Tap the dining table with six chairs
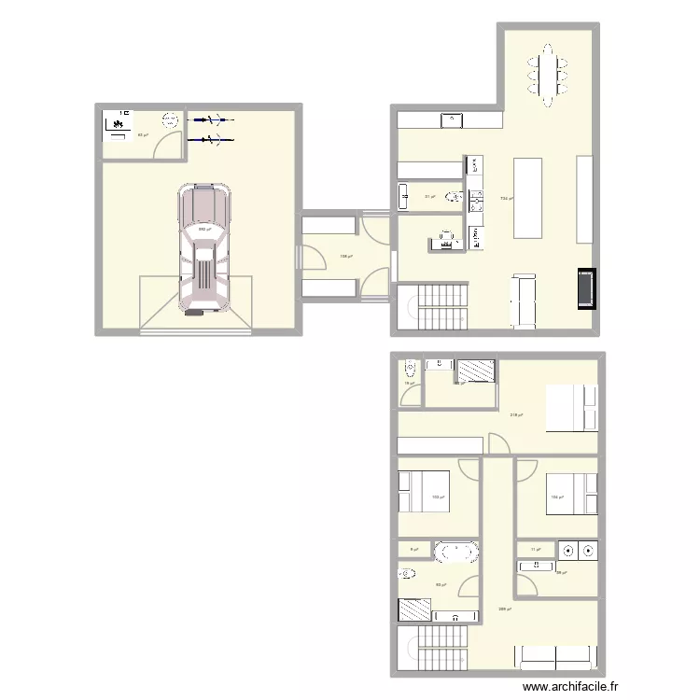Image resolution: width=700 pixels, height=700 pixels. point(548,72)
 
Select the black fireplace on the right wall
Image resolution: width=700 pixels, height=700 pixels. point(587,288)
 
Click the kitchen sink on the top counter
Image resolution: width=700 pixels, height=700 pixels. point(452,119)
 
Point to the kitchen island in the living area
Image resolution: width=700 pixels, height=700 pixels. point(528,197)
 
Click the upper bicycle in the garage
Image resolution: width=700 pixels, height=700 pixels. point(212,119)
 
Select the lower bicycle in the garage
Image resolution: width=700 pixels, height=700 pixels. point(212,140)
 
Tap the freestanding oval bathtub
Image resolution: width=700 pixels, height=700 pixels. point(456,552)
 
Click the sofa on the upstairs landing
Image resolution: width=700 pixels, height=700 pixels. point(555,658)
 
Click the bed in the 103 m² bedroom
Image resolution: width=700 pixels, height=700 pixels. point(424,492)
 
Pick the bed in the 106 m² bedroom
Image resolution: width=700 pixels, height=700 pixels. point(570,494)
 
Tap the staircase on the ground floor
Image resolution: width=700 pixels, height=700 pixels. point(439,307)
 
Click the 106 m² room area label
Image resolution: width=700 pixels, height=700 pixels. point(556,497)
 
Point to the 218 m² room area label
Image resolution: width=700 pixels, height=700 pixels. point(515,416)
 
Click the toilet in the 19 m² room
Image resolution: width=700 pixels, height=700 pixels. point(410,365)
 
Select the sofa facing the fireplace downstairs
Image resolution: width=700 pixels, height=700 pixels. point(523,301)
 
